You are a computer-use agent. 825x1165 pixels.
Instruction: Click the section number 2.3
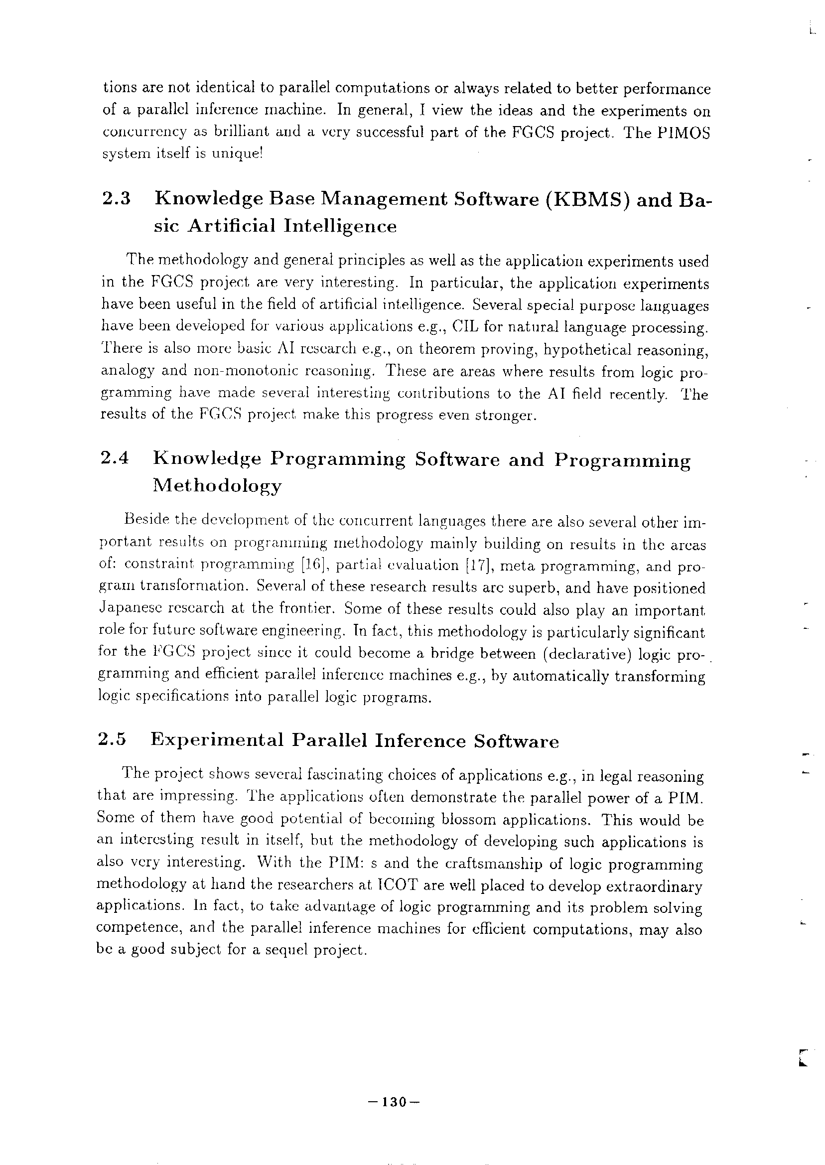click(x=117, y=199)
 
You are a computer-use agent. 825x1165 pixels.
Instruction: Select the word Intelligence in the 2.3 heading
click(x=340, y=226)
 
